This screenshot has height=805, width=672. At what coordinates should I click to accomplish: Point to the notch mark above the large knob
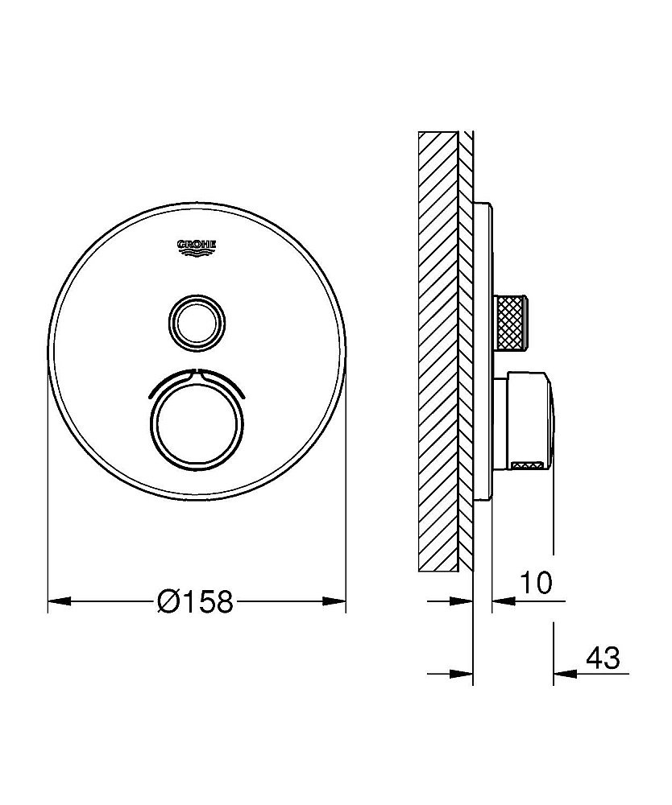[197, 374]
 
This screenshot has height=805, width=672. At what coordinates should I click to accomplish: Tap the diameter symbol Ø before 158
[170, 601]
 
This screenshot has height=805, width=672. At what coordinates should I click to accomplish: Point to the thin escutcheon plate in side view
[482, 354]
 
